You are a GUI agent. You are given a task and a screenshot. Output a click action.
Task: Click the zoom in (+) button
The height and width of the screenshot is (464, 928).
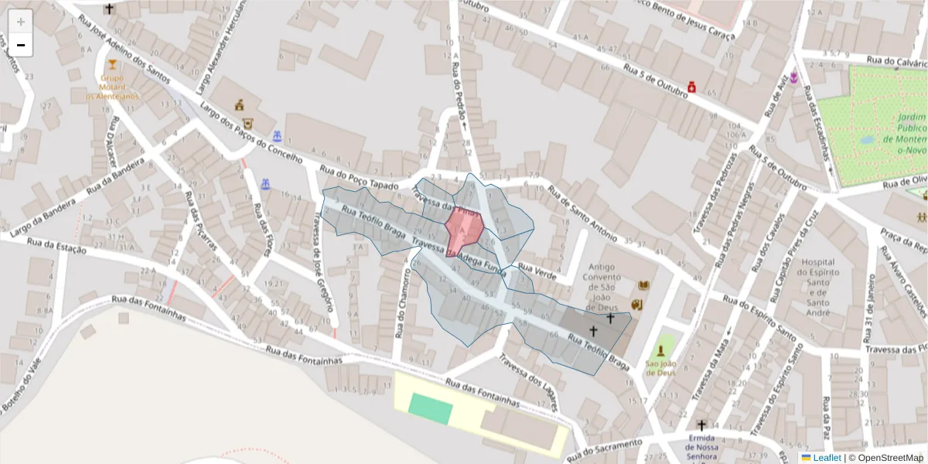[21, 22]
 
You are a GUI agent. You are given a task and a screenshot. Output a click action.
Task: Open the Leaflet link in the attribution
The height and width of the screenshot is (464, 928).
[821, 458]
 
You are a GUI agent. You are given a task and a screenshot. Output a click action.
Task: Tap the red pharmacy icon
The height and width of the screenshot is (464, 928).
[692, 87]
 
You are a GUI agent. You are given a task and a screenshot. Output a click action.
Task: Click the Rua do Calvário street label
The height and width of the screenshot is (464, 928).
[896, 62]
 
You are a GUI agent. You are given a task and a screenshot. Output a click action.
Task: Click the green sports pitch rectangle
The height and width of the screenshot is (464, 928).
[430, 408]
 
